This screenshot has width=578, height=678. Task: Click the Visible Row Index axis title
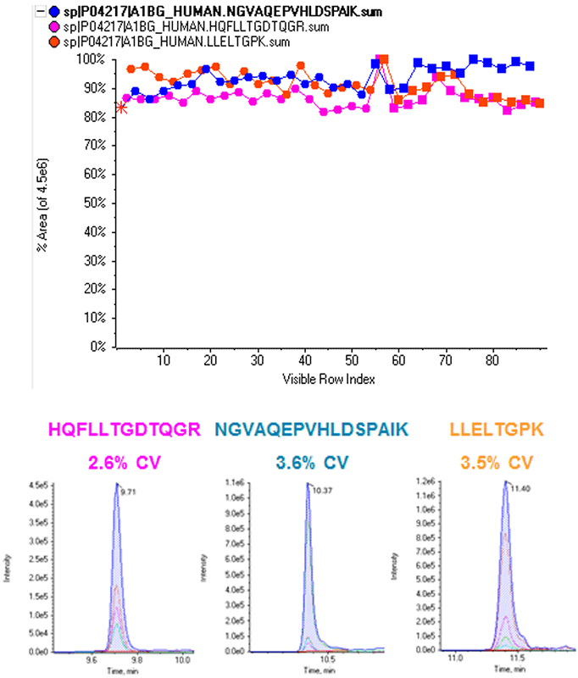(329, 379)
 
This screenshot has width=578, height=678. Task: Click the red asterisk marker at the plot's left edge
(122, 107)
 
